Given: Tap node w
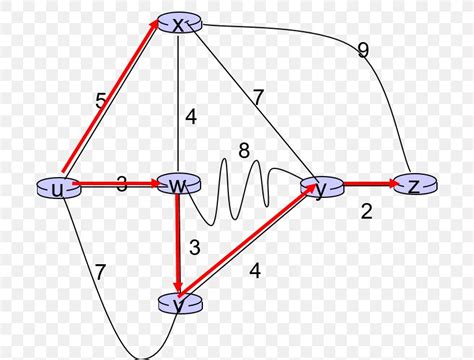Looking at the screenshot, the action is click(176, 186).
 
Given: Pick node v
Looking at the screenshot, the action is click(177, 304).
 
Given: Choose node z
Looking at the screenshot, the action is click(413, 185).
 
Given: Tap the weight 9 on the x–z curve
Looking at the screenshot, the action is click(363, 51).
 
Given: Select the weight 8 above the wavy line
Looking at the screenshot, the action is click(244, 151).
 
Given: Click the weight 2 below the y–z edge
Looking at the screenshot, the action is click(365, 212).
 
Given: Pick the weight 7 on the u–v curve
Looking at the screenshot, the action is click(100, 271).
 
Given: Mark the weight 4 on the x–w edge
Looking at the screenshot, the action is click(191, 117).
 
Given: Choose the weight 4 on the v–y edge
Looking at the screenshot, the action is click(256, 270).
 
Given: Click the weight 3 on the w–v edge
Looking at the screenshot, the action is click(194, 246).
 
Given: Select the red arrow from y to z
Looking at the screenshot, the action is click(369, 185).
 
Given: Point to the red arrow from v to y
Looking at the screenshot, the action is click(250, 245).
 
